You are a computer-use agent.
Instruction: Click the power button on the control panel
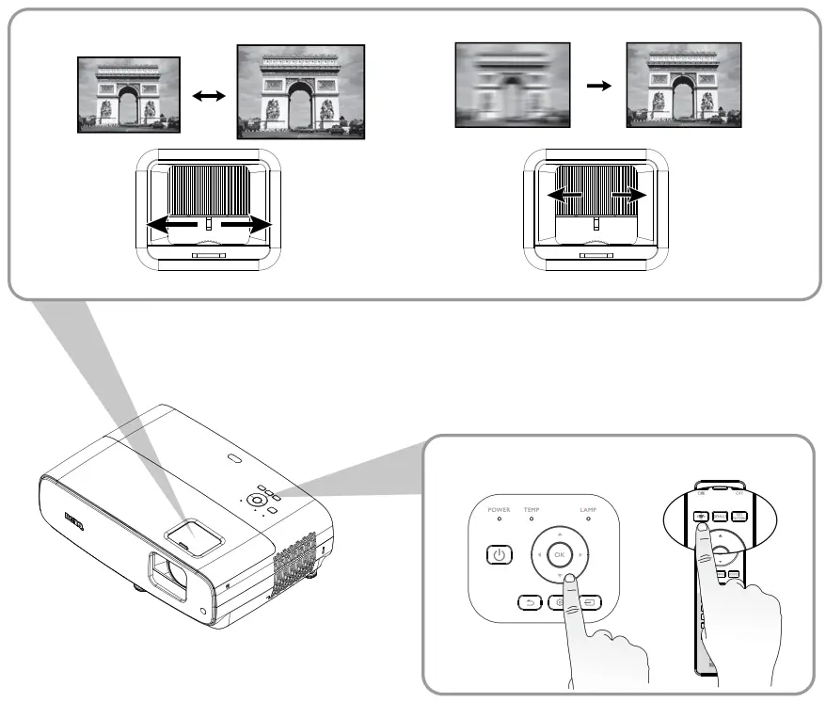[499, 554]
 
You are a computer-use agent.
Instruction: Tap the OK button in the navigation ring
[559, 553]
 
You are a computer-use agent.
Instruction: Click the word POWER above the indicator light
[499, 509]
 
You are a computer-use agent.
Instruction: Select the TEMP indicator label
[532, 509]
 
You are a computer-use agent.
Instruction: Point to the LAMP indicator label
[588, 509]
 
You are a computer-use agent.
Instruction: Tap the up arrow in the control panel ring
[559, 532]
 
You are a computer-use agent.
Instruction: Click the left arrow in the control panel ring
[537, 554]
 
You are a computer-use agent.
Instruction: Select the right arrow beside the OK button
[581, 554]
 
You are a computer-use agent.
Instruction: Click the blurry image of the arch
[512, 85]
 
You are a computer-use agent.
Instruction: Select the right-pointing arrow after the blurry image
[597, 86]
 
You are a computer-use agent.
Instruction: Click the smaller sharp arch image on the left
[128, 94]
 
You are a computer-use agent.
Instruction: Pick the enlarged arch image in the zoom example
[300, 91]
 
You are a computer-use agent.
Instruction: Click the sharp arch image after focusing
[684, 85]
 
